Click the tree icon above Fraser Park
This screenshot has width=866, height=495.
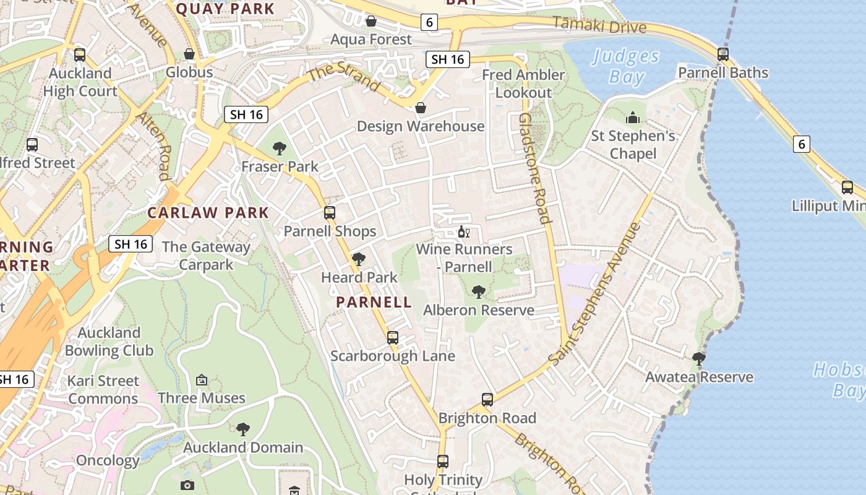click(280, 148)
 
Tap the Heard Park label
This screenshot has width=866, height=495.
click(359, 277)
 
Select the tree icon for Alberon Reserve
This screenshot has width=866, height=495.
click(478, 292)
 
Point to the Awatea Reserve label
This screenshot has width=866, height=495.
click(699, 377)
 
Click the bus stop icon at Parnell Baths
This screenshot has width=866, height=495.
click(723, 54)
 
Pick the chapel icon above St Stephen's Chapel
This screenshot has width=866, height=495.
click(633, 118)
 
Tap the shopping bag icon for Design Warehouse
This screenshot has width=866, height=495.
click(421, 108)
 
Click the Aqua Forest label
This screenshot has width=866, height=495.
click(371, 40)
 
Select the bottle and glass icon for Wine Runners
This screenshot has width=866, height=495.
click(463, 233)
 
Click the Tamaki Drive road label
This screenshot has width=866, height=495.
click(599, 25)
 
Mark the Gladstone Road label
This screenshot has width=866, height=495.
click(534, 168)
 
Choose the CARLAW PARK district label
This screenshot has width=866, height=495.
click(208, 213)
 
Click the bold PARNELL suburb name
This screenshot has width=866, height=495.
click(374, 302)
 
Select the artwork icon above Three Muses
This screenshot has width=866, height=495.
click(201, 380)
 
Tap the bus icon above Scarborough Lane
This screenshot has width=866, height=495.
click(393, 338)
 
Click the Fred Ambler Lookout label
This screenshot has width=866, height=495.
click(523, 84)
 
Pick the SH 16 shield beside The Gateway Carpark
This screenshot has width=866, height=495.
click(131, 244)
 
